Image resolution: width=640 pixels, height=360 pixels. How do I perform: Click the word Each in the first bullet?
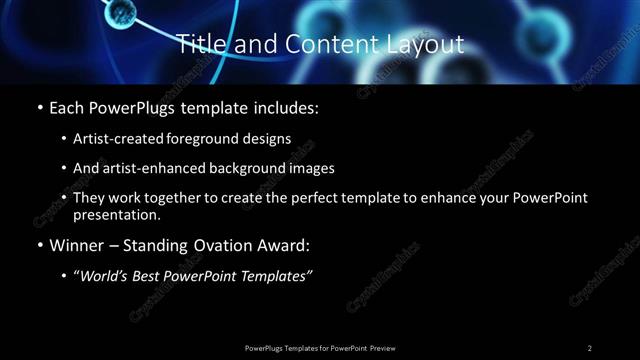[x=66, y=108]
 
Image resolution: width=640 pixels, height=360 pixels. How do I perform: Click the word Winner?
[x=74, y=245]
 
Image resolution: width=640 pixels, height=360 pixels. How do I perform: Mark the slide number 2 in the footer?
[x=589, y=347]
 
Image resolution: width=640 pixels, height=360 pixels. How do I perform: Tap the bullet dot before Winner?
[x=38, y=245]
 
